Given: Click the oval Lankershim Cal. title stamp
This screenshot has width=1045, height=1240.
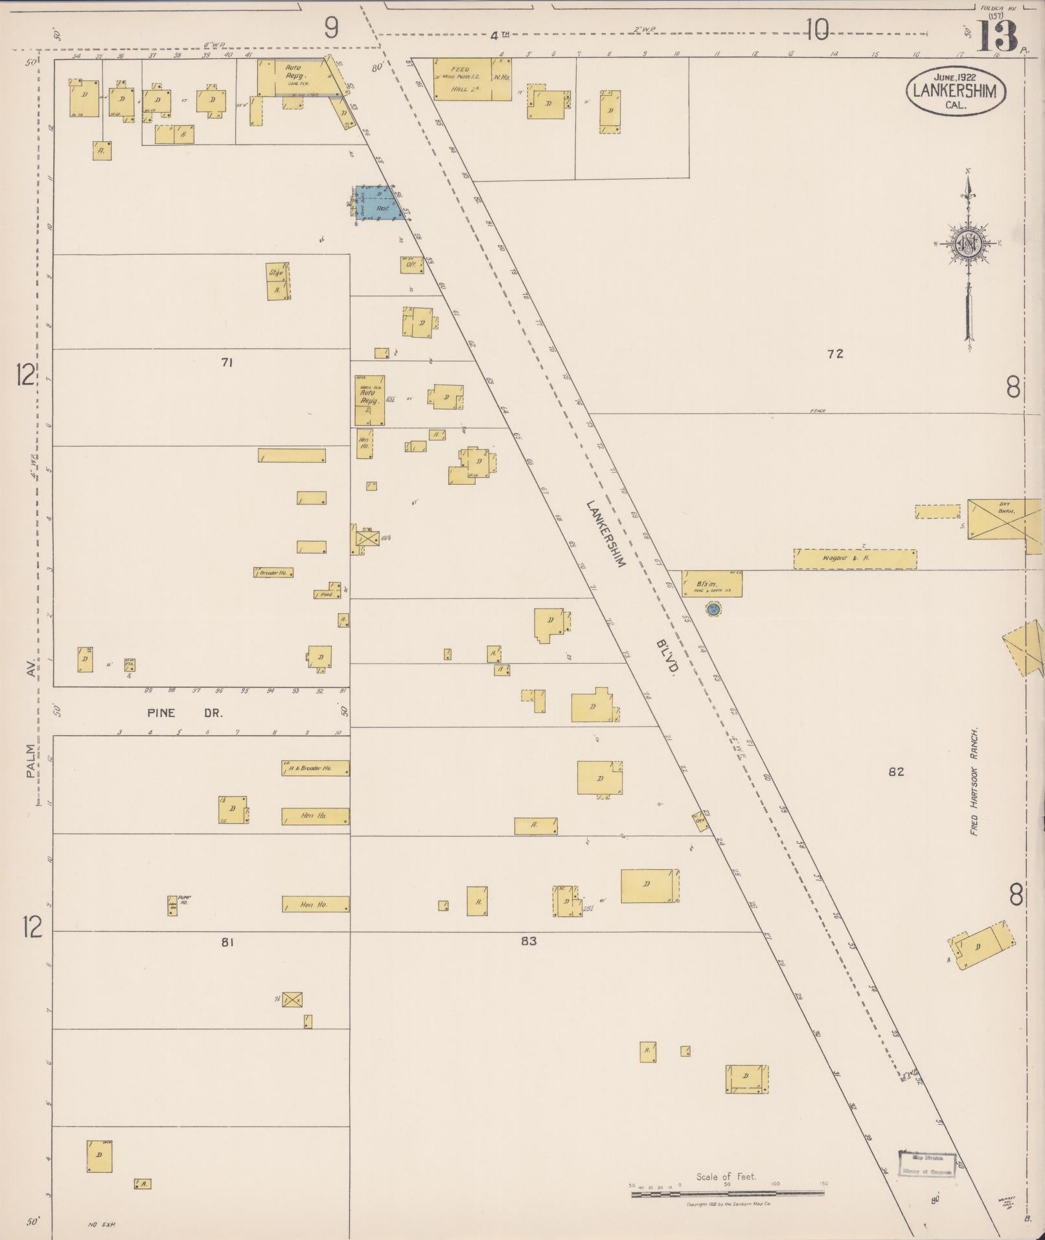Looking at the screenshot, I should tap(956, 91).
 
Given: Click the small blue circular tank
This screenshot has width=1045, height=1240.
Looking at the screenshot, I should tap(713, 609).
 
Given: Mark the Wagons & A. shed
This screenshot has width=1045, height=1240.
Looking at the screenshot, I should tap(855, 559).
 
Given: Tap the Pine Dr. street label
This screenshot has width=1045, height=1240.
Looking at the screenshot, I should tap(185, 712).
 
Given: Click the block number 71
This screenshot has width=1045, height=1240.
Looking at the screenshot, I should tap(226, 363).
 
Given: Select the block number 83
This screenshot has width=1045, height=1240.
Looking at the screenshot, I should tap(529, 941).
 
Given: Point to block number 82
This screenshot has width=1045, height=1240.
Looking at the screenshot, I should tap(896, 772).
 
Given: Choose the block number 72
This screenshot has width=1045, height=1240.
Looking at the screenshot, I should tap(834, 354).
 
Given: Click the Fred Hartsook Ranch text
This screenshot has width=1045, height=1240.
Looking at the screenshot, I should tap(973, 781).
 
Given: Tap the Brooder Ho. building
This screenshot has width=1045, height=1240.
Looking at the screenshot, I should tap(273, 572).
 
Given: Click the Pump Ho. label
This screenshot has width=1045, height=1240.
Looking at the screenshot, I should tap(184, 900).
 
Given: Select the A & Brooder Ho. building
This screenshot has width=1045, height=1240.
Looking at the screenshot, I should tap(316, 768).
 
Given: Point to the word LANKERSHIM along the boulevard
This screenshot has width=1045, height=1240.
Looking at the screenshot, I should tap(605, 533).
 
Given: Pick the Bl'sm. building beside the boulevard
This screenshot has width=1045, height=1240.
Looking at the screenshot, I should tap(711, 583).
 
